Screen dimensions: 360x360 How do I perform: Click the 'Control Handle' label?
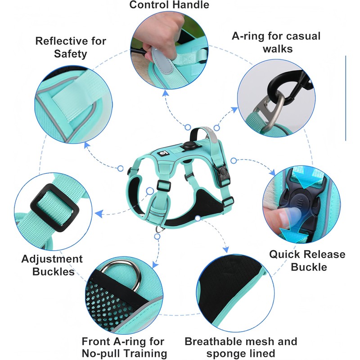[x=169, y=5]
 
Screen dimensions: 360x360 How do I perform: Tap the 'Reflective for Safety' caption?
[x=71, y=47]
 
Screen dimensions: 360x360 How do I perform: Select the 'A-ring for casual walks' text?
[x=276, y=42]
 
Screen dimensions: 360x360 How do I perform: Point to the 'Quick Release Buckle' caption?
[x=307, y=260]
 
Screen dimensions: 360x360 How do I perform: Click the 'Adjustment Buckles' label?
[x=52, y=265]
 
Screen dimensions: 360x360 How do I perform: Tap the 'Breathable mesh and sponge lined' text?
[x=241, y=347]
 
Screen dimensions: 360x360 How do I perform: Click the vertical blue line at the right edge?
[x=346, y=98]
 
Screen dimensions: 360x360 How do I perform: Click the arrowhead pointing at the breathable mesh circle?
[x=226, y=249]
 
